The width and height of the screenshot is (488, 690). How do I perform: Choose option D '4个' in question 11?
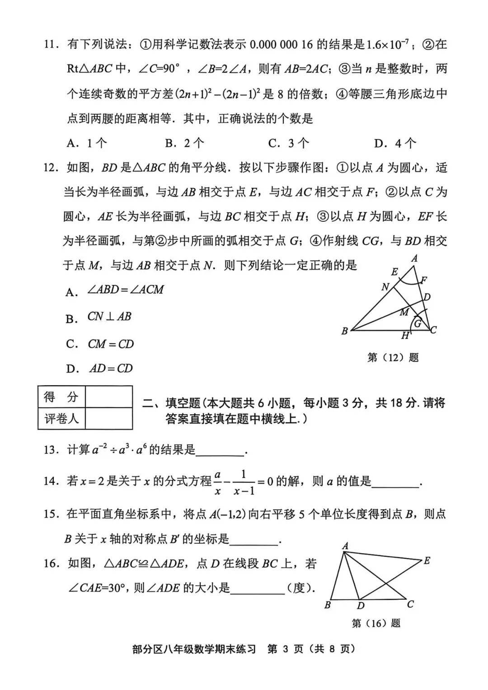point(395,144)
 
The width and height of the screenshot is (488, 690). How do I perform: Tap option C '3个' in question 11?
point(289,144)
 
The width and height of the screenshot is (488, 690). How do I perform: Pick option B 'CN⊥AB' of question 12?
point(108,317)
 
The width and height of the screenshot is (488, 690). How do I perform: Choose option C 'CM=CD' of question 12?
point(110,345)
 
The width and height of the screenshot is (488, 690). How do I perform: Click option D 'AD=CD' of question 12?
point(110,369)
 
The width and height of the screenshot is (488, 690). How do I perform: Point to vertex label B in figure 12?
point(344,331)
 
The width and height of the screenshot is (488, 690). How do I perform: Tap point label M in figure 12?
point(404,312)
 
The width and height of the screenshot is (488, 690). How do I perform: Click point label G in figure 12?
point(418,323)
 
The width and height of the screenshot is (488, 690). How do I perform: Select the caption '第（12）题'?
point(393,358)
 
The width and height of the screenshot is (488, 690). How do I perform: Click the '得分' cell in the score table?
point(61,397)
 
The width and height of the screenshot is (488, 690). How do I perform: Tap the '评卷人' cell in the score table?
point(61,419)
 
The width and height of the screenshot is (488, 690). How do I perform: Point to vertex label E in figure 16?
point(427,561)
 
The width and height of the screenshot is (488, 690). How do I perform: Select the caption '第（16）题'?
point(376,624)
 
